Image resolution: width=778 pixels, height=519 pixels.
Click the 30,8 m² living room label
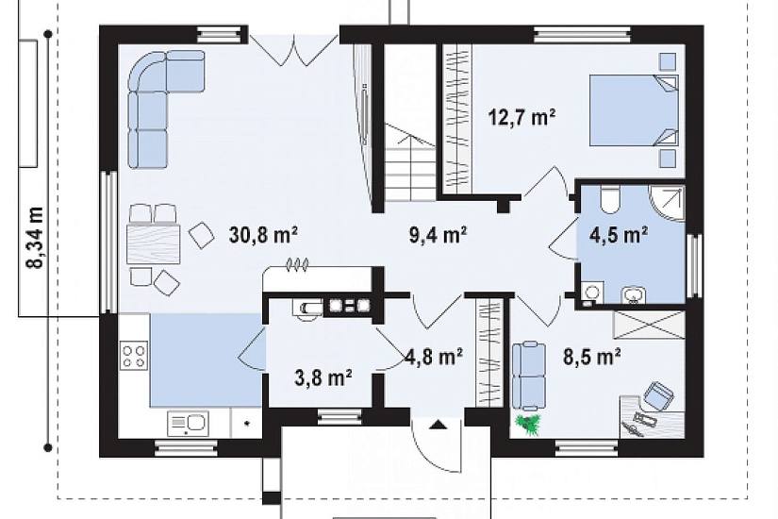263,234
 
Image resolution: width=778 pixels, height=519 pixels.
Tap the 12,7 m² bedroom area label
521,118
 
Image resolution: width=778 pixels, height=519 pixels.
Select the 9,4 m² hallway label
438,234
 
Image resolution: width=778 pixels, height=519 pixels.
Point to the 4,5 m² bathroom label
619,234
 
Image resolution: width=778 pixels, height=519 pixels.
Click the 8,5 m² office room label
592,356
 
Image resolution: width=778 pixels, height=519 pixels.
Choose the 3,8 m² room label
323,378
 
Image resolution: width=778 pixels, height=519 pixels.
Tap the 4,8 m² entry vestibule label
434,356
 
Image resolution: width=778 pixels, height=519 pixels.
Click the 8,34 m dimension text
36,238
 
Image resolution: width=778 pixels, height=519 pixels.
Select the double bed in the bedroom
633,110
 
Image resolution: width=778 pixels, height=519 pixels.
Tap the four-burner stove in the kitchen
134,356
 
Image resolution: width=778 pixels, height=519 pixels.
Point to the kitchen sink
188,424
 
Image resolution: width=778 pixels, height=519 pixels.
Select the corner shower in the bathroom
668,203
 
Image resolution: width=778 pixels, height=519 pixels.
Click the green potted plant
528,426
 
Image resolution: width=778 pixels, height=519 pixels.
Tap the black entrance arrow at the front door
438,424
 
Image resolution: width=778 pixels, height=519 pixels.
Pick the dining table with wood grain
153,243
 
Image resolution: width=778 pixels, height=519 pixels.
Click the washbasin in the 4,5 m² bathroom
633,295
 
